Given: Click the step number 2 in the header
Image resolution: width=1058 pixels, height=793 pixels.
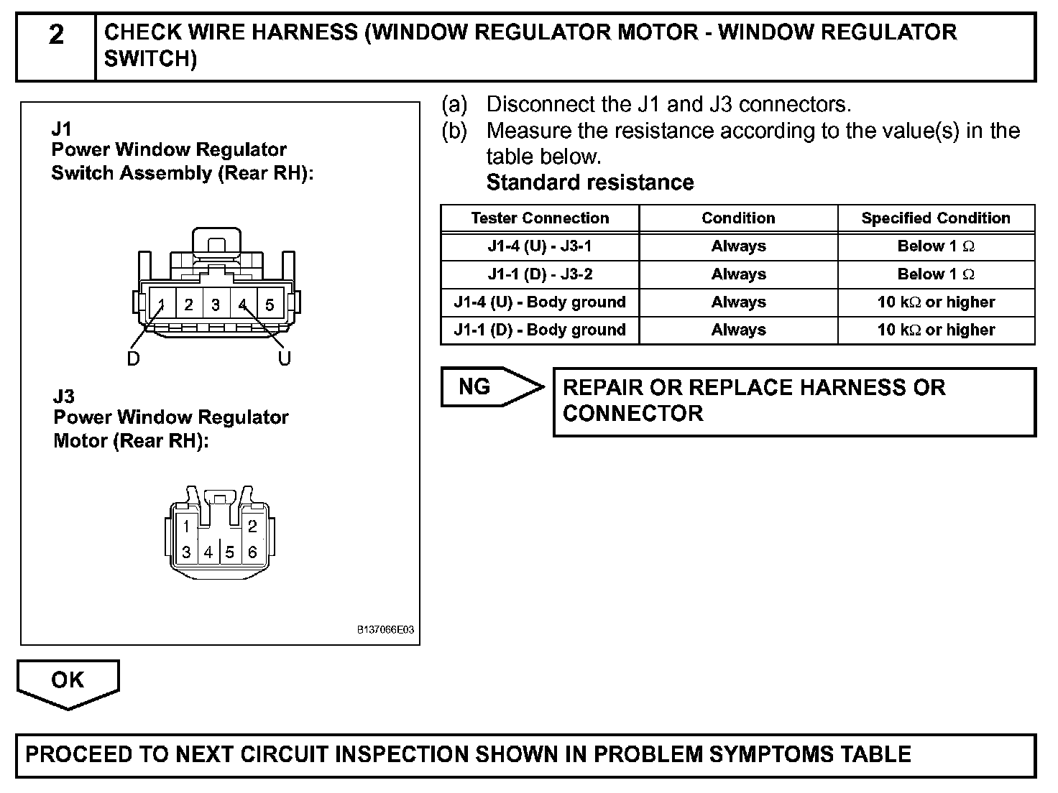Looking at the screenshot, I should pos(56,35).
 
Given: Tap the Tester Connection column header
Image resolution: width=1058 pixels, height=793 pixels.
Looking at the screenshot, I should pos(540,218).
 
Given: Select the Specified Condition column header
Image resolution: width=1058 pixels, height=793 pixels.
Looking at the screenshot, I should pos(935,218).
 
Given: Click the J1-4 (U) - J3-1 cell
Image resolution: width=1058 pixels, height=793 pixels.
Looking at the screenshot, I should pos(540,246).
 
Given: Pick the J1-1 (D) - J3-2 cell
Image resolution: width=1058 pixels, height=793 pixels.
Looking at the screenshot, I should pos(540,274).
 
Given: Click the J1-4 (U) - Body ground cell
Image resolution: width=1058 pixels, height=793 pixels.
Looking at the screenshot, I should pos(540,302).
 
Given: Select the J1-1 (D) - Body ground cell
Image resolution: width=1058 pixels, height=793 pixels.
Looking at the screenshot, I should pos(540,330).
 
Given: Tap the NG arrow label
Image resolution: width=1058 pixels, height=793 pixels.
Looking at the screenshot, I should pos(475,387).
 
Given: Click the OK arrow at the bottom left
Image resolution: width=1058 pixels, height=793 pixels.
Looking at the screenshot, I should pos(68,680).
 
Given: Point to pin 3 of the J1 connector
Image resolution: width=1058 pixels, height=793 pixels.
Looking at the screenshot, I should pos(216,305).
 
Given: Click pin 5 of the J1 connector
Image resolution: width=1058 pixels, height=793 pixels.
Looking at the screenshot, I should pos(270,305).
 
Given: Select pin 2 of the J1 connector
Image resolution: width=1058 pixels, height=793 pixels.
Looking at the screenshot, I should pos(188,305).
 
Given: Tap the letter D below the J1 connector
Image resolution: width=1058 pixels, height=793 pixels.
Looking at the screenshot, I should pos(134,359).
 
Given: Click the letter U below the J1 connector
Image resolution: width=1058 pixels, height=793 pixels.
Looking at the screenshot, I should pos(285,359).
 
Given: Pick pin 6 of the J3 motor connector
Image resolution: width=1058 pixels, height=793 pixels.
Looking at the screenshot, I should pos(252,552).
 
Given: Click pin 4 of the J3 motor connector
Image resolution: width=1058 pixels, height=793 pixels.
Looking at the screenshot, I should pos(208,552).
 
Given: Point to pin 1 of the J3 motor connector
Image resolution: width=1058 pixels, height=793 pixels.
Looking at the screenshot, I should pos(186,527).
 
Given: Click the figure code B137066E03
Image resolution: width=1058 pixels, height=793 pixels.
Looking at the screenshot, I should pos(386,630).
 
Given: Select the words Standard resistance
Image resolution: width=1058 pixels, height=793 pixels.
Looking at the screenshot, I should pos(590,182).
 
